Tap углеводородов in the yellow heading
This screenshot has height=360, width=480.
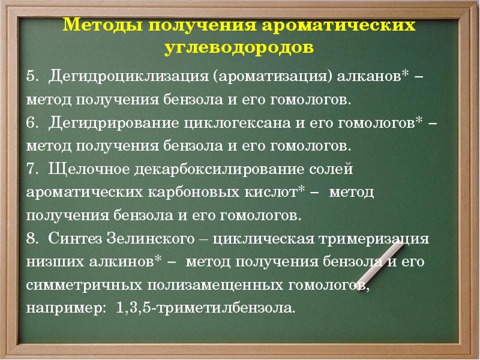pyautogui.click(x=239, y=47)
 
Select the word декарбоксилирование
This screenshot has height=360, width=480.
pyautogui.click(x=221, y=169)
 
